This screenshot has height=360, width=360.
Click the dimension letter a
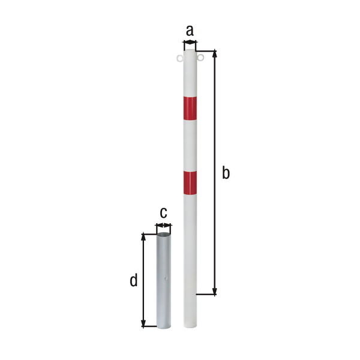click(x=190, y=31)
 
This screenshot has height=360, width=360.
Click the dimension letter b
click(x=226, y=173)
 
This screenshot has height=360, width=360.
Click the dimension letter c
click(x=163, y=213)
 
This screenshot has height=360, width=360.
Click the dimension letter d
click(x=134, y=280)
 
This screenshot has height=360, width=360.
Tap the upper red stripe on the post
click(x=190, y=109)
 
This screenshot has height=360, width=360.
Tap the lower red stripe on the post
click(x=190, y=183)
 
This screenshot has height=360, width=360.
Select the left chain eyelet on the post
click(x=179, y=58)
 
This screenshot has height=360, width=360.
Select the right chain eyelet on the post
click(x=200, y=58)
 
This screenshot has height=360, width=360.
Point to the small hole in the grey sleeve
click(x=166, y=278)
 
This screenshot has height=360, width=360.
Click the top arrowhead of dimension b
click(x=215, y=53)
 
